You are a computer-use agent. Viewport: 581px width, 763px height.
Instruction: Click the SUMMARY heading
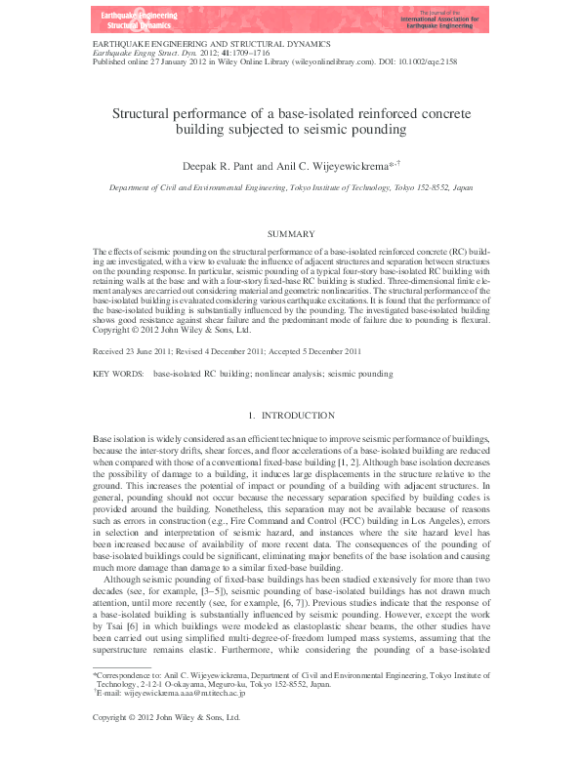point(290,234)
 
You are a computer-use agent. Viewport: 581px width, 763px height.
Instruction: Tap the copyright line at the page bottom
point(166,743)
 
